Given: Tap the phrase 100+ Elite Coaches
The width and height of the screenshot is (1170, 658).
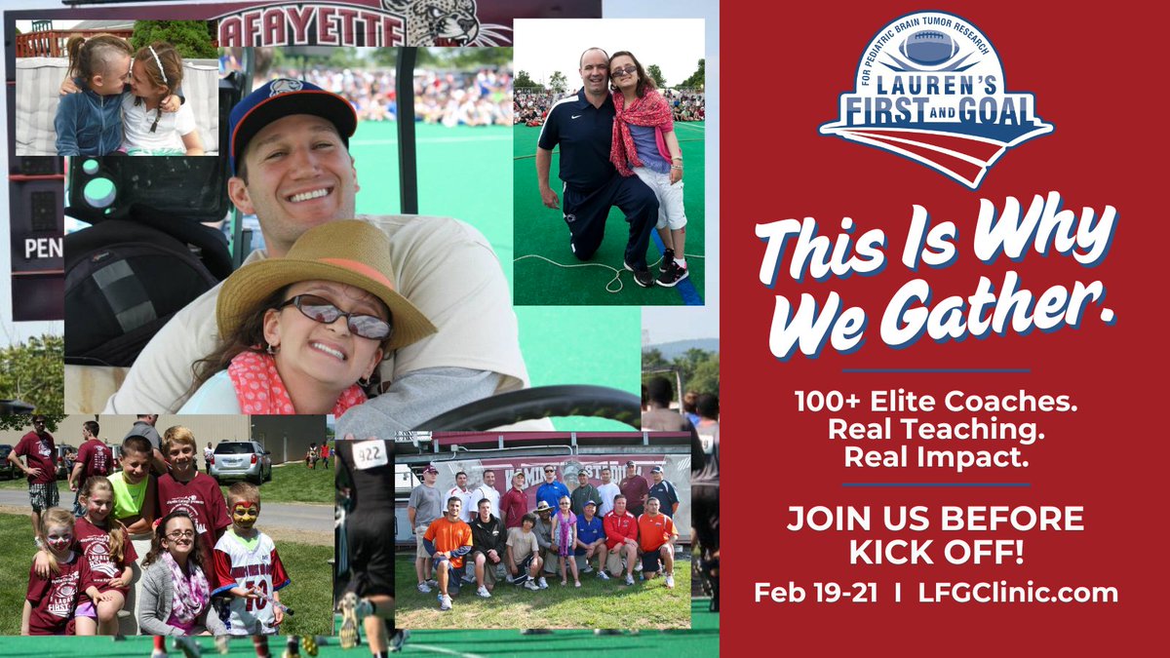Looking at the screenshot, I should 935,402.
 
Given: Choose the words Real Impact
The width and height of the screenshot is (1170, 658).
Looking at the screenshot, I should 935,456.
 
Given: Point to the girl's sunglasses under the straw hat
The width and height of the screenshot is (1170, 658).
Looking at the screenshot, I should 336,318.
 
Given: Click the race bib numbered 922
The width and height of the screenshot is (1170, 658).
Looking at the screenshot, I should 370,453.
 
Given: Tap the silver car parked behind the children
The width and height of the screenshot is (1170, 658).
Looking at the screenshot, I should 240,459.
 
